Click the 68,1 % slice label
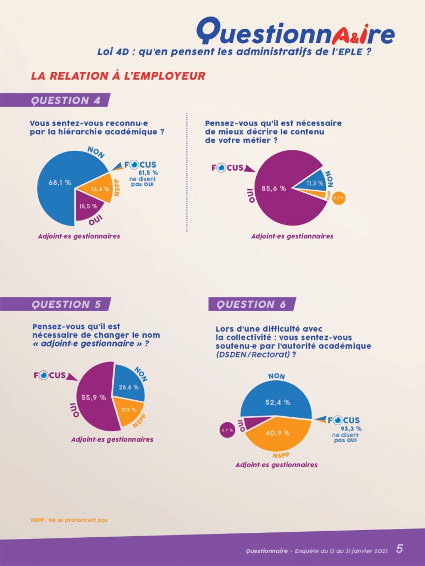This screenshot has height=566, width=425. pos(60,182)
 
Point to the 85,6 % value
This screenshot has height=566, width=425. pos(274,188)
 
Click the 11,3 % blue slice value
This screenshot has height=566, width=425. pos(315,184)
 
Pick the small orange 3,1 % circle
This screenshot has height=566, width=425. pos(339,197)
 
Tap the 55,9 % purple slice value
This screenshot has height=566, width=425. pos(95,397)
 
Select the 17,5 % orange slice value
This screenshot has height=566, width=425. pos(129,410)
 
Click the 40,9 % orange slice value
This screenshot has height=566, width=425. pos(278,433)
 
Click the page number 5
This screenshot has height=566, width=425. pos(400,548)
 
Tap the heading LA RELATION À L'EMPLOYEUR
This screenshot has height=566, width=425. pos(118,76)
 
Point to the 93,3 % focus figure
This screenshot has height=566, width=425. pos(351,428)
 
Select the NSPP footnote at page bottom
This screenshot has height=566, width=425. pos(69,520)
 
